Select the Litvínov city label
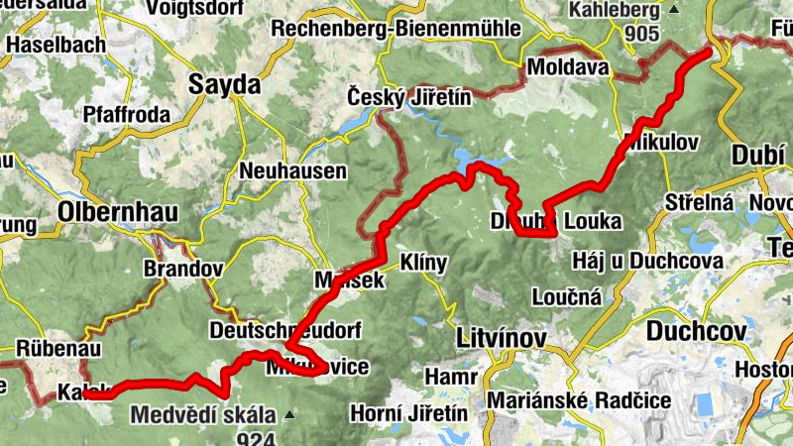(x=502, y=339)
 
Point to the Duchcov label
(x=693, y=328)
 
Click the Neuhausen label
(x=293, y=171)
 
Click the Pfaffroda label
(x=127, y=112)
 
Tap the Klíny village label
(x=423, y=263)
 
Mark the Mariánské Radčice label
(x=579, y=400)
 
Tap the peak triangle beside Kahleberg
(x=674, y=10)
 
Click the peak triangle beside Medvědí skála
(x=288, y=414)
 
